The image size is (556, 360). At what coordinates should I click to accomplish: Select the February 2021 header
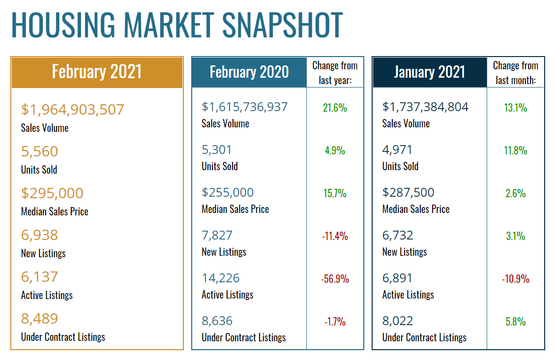[x=97, y=72]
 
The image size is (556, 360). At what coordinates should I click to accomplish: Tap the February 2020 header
[x=249, y=72]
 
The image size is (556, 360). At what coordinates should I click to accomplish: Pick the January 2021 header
[x=430, y=72]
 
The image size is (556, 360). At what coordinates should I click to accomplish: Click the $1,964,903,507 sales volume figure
[x=72, y=109]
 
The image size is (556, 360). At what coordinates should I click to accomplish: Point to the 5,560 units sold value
[x=39, y=151]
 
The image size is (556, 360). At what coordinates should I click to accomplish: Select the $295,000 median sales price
[x=52, y=193]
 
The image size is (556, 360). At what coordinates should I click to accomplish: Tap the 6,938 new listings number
[x=39, y=235]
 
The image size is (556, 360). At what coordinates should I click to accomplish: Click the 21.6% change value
[x=335, y=108]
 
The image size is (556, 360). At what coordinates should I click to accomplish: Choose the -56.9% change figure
[x=335, y=279]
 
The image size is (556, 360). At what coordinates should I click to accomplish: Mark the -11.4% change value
[x=335, y=236]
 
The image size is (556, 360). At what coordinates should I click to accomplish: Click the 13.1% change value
[x=515, y=108]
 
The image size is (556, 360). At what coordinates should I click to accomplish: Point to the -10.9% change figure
[x=515, y=279]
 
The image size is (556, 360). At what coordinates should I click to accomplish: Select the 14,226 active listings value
[x=221, y=278]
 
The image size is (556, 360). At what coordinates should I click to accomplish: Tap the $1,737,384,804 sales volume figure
[x=425, y=107]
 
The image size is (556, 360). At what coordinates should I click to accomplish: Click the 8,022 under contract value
[x=397, y=321]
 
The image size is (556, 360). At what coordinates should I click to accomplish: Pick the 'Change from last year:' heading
[x=335, y=72]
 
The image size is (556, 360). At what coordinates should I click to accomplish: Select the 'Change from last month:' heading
[x=515, y=72]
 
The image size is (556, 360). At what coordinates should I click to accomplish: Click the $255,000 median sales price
[x=228, y=192]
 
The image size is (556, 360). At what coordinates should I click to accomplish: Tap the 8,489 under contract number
[x=39, y=318]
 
